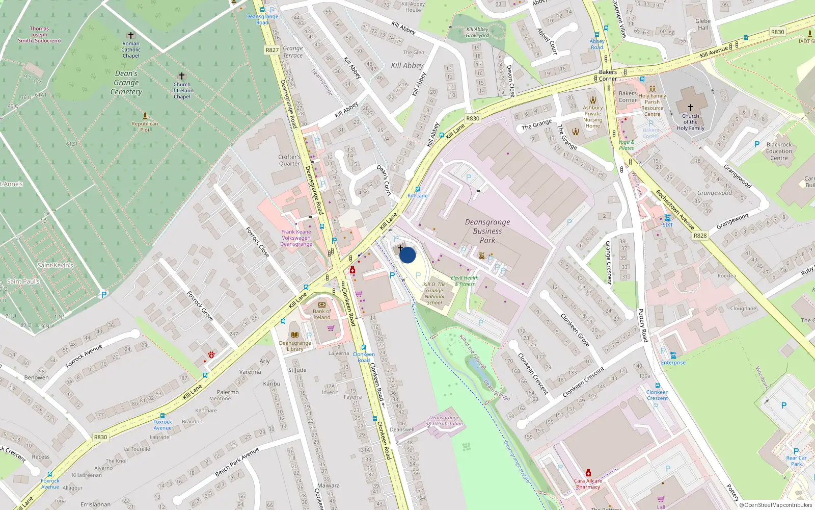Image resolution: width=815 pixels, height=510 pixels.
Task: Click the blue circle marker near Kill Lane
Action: pos(407,255)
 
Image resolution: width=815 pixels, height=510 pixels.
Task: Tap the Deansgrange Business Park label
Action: pos(487,231)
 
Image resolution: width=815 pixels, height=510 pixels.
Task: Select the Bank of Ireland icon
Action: pos(321,304)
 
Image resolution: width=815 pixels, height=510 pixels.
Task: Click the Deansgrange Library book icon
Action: pos(294,335)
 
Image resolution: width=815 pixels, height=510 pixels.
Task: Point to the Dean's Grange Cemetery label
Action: pos(126,83)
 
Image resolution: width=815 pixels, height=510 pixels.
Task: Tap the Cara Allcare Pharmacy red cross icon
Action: pos(588,473)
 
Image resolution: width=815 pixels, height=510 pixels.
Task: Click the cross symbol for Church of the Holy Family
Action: pos(691,108)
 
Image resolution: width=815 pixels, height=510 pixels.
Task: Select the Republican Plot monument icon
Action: pos(145,116)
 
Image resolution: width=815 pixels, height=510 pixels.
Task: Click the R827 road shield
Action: pos(272,50)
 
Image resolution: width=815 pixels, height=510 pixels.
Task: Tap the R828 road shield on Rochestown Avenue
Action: pos(700,236)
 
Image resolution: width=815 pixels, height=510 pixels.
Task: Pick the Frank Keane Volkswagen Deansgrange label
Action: pos(296,238)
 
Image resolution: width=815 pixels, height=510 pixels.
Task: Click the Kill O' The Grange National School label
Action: pos(434,294)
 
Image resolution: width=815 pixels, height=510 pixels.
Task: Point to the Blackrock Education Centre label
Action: pos(779,151)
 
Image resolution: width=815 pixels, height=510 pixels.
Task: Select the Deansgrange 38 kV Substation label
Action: pos(444,421)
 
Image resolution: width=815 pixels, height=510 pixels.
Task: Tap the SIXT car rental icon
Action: pos(667,218)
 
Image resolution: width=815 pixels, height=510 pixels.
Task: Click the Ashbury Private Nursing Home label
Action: pos(593,117)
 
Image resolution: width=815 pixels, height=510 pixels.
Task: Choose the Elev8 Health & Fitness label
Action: pos(465,281)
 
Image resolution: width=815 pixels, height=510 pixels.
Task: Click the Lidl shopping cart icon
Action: pos(661,499)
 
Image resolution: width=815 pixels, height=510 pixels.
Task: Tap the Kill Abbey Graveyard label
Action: pos(477,32)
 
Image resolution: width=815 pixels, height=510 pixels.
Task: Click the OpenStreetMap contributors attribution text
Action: pos(775,505)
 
